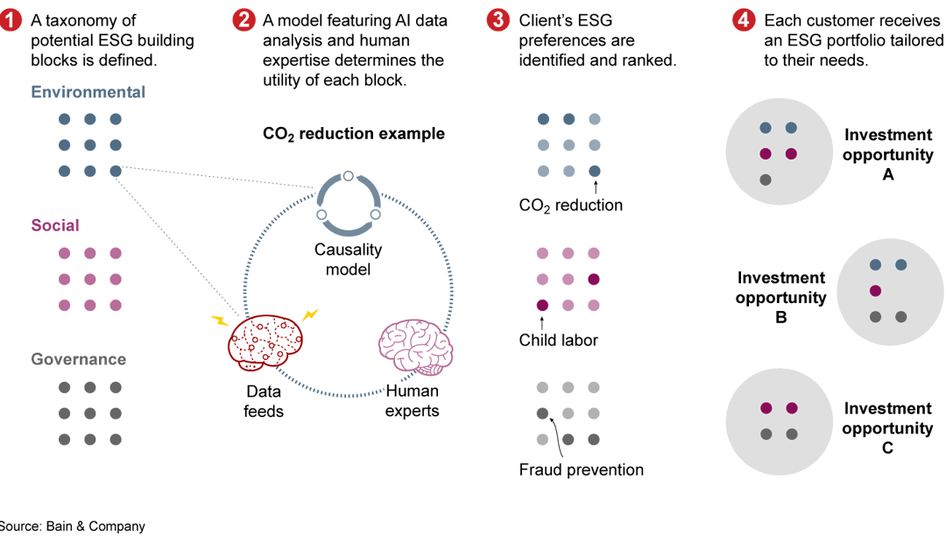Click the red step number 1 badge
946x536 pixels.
pos(11,21)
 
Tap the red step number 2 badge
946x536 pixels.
pos(244,21)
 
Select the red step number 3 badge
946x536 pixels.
pos(499,21)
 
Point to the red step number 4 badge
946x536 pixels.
pos(744,21)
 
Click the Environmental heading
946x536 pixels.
pos(88,92)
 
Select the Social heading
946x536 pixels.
pos(55,225)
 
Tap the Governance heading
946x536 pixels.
pos(79,359)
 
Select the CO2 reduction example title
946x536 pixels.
pos(354,134)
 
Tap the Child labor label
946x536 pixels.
pos(558,340)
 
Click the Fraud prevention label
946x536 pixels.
pos(581,470)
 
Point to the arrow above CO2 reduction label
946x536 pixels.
pos(596,187)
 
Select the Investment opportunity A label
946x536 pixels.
pos(888,154)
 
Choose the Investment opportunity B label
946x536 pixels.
pos(781,297)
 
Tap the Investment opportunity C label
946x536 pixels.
pos(887,428)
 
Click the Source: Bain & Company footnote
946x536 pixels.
pos(73,526)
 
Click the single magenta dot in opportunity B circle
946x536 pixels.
pos(874,291)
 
